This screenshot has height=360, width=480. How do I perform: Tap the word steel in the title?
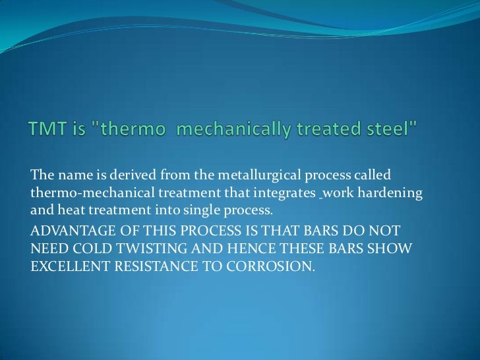click(397, 131)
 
